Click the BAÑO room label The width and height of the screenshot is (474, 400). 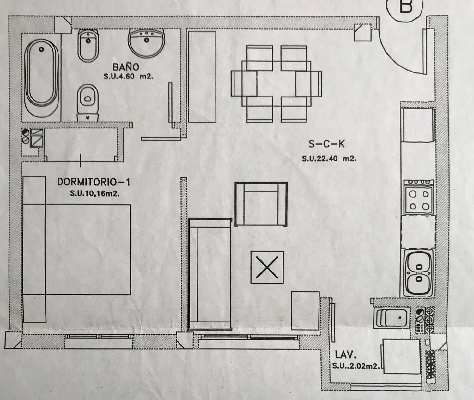[126, 67]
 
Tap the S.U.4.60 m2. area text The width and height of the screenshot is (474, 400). [129, 76]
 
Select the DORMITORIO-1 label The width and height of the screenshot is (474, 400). [94, 182]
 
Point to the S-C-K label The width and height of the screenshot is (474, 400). [326, 144]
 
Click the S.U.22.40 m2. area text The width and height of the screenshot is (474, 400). [329, 159]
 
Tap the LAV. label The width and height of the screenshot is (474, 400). [346, 354]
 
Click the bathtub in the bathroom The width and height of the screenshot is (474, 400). [41, 77]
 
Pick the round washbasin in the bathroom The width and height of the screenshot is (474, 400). [146, 43]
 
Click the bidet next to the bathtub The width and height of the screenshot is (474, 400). [88, 46]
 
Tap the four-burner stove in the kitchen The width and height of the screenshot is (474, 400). [419, 197]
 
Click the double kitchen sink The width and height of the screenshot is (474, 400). [418, 273]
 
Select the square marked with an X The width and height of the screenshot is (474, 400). [267, 267]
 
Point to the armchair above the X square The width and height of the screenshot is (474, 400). [261, 204]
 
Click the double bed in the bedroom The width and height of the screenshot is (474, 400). [77, 249]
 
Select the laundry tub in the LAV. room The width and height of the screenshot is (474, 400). [392, 318]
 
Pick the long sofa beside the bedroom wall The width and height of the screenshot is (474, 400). [210, 274]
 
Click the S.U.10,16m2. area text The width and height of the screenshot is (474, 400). [95, 194]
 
